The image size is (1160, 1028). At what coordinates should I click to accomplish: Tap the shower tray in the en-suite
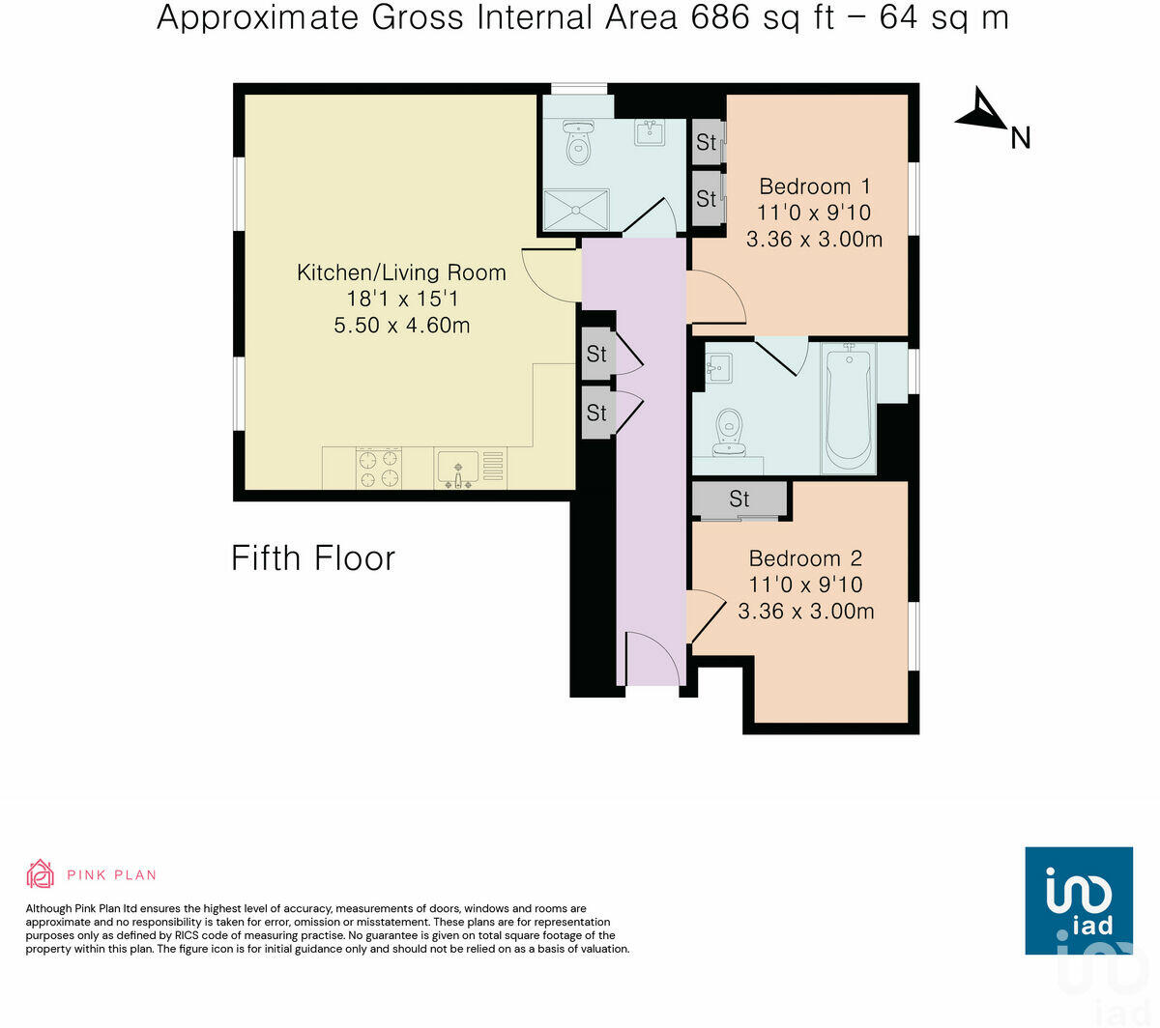(576, 210)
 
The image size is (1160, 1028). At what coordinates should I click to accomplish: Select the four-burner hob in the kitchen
(379, 469)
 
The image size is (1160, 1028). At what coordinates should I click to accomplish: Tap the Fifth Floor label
(313, 558)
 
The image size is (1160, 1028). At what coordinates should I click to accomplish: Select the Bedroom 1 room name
(814, 186)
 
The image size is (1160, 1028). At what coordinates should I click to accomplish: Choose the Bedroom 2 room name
(804, 558)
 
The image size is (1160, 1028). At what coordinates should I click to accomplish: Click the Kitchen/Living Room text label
(401, 272)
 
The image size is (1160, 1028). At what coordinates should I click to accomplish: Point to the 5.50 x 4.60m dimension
(401, 326)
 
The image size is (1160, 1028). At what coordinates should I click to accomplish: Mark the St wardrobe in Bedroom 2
(739, 500)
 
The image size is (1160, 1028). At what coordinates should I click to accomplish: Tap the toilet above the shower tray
(578, 142)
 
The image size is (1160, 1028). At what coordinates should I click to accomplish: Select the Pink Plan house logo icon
(40, 874)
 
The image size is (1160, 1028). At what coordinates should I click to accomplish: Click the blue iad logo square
(1078, 900)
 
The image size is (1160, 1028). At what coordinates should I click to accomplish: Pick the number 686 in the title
(720, 17)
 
